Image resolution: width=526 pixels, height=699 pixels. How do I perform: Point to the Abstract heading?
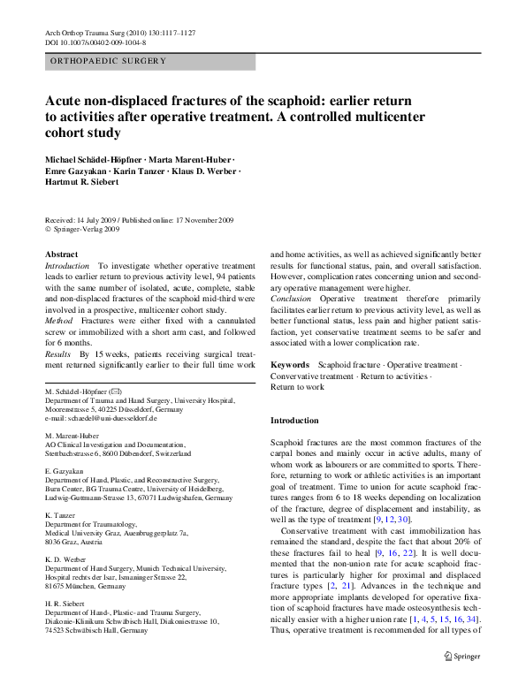coord(60,254)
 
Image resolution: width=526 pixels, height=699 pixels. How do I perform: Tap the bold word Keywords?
coord(290,364)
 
